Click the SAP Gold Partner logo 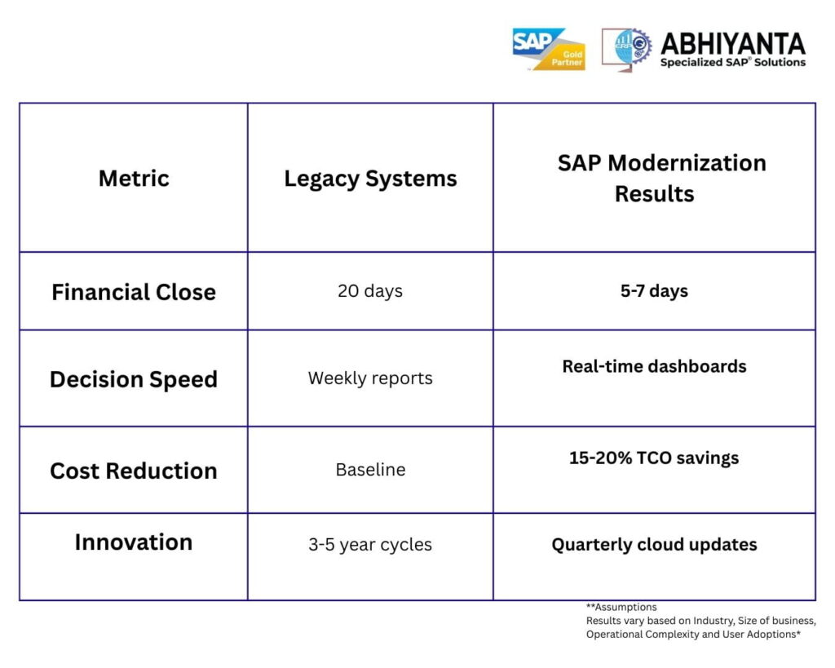point(548,49)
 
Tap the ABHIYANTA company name point(732,43)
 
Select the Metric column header point(134,178)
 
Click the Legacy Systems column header point(370,179)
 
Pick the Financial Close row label point(134,292)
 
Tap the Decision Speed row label point(134,379)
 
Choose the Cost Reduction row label point(134,471)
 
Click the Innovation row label point(134,542)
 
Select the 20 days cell point(370,291)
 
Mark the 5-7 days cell point(654,291)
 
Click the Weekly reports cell point(370,378)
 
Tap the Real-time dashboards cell point(654,366)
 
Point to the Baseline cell point(370,470)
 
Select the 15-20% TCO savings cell point(654,458)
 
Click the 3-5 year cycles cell point(370,545)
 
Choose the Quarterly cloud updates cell point(654,545)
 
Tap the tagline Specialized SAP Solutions point(732,63)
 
